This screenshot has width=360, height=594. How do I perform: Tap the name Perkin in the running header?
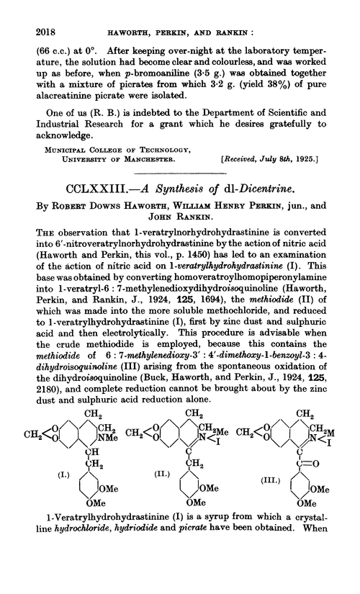tap(173, 13)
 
